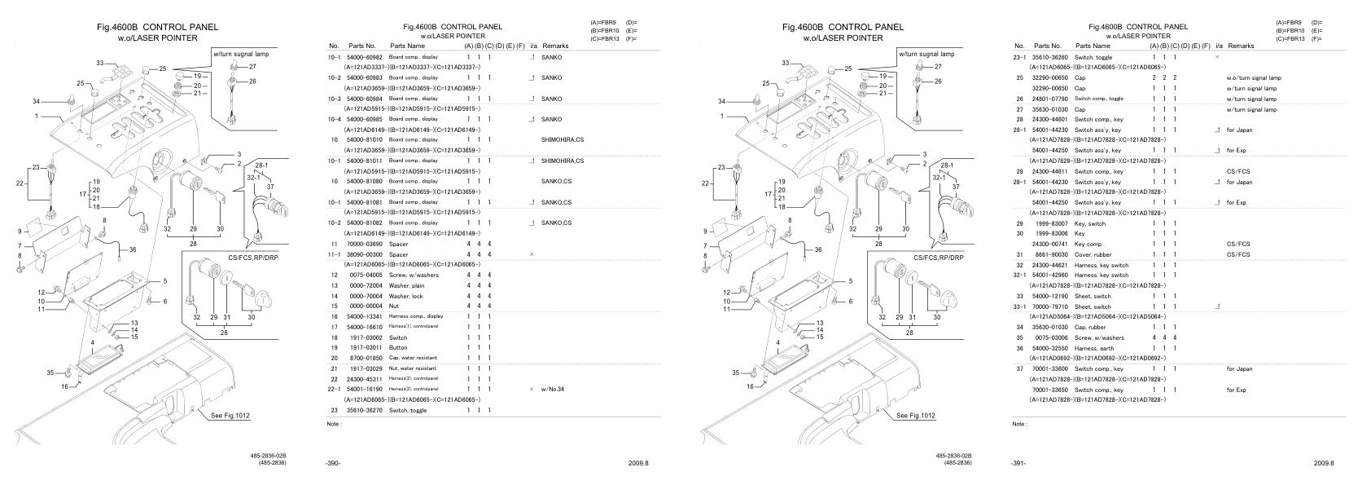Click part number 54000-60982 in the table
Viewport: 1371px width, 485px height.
point(363,57)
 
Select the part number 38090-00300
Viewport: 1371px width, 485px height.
point(363,254)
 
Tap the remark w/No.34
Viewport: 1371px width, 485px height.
point(553,389)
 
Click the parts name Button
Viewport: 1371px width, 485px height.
point(398,347)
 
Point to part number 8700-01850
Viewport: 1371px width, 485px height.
point(363,358)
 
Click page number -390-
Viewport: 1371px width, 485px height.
point(332,462)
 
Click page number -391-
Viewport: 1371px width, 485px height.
point(1018,462)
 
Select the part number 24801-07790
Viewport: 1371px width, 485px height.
point(1049,99)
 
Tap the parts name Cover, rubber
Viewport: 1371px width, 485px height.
point(1093,254)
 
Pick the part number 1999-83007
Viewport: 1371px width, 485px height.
point(1049,223)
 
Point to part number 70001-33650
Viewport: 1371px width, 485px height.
point(1049,390)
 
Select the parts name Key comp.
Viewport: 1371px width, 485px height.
point(1089,244)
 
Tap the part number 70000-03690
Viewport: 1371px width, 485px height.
point(363,244)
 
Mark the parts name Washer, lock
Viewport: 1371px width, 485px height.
point(406,296)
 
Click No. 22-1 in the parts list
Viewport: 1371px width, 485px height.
point(334,389)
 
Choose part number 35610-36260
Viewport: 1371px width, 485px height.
point(1049,57)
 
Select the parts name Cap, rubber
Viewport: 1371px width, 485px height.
point(1091,327)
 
